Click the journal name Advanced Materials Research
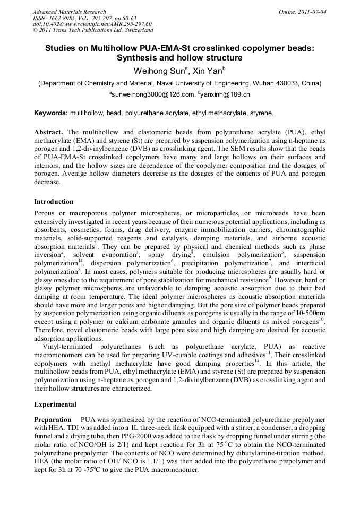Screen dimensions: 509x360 tap(69, 12)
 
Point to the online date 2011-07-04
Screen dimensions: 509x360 tap(310, 12)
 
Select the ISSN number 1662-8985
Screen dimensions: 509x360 tap(65, 18)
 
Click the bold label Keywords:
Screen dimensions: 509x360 tap(51, 113)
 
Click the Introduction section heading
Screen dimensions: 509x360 tap(54, 202)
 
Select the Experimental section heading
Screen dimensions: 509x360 tap(55, 404)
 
